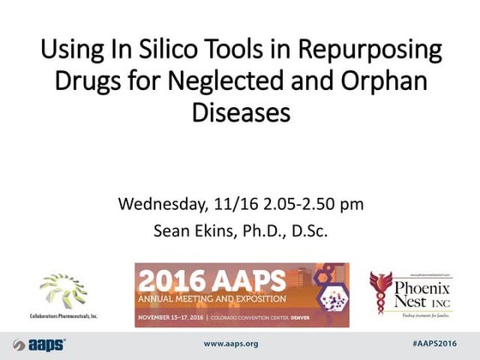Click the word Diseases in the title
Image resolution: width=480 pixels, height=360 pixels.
239,114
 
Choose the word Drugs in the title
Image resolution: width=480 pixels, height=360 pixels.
89,83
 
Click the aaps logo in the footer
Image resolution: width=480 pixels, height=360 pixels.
40,344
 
